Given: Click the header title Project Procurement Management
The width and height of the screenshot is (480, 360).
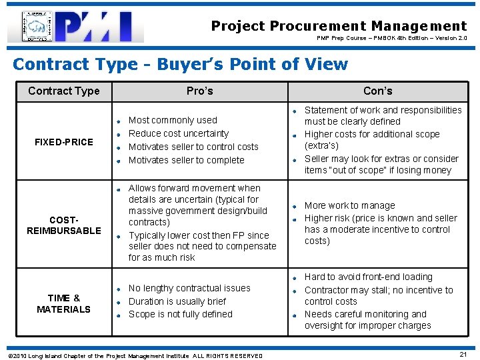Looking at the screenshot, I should [x=339, y=26].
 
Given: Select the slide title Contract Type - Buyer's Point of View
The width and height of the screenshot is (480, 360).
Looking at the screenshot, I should [x=180, y=64].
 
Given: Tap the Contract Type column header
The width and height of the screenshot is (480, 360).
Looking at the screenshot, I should [x=64, y=91].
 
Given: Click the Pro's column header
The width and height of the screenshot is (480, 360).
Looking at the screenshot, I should [x=199, y=91].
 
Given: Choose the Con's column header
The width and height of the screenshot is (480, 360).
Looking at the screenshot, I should [x=377, y=91].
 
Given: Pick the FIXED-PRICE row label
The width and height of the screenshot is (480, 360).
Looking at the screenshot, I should [x=64, y=142].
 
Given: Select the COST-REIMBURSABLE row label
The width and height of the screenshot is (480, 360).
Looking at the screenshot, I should [x=64, y=225].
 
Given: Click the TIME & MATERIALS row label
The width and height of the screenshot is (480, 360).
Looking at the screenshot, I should [x=64, y=303].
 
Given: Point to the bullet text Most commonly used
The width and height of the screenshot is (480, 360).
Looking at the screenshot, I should [x=173, y=120].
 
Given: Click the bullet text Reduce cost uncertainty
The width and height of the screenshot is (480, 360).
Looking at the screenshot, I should [x=178, y=133].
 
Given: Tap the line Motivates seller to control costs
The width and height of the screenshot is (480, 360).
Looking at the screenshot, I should [x=193, y=147].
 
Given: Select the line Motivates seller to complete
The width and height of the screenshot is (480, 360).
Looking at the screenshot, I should [x=186, y=160].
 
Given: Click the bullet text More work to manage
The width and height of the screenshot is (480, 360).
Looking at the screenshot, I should [x=349, y=205].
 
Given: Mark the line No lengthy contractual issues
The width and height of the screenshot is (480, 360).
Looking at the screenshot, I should [x=189, y=288].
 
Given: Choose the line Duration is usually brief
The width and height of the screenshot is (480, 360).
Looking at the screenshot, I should [x=177, y=301].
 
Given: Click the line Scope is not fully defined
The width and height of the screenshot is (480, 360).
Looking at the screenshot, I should [x=180, y=314].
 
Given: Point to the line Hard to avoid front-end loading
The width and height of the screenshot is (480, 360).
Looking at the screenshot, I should [x=368, y=277].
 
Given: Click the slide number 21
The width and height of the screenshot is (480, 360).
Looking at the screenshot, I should [x=463, y=354].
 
